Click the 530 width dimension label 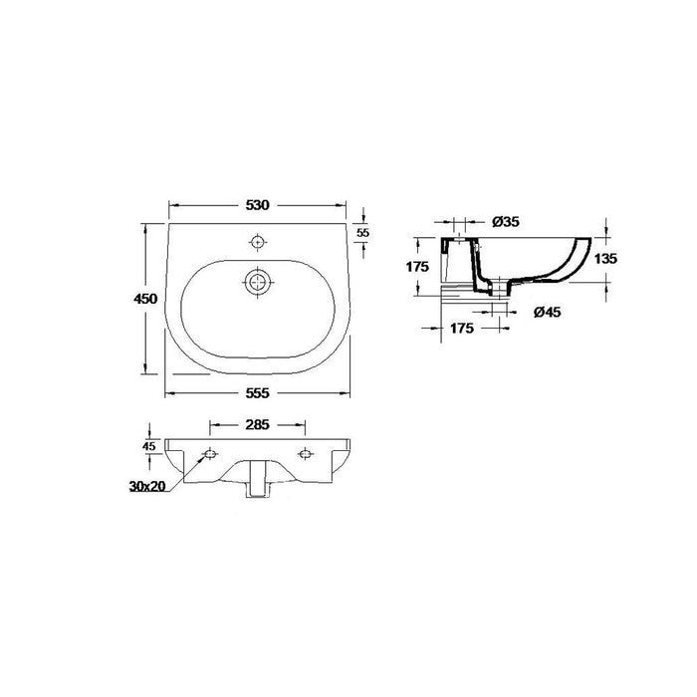(258, 206)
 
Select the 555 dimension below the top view (258, 393)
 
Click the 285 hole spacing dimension (258, 425)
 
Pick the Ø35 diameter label (507, 221)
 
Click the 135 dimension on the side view (605, 258)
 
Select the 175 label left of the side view (416, 267)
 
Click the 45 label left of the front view (148, 446)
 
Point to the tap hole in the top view (258, 242)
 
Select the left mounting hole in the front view (209, 455)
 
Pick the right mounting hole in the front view (306, 455)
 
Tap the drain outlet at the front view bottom (258, 481)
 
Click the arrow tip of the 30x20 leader (203, 460)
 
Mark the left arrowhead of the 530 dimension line (171, 206)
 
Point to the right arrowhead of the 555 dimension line (351, 393)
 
